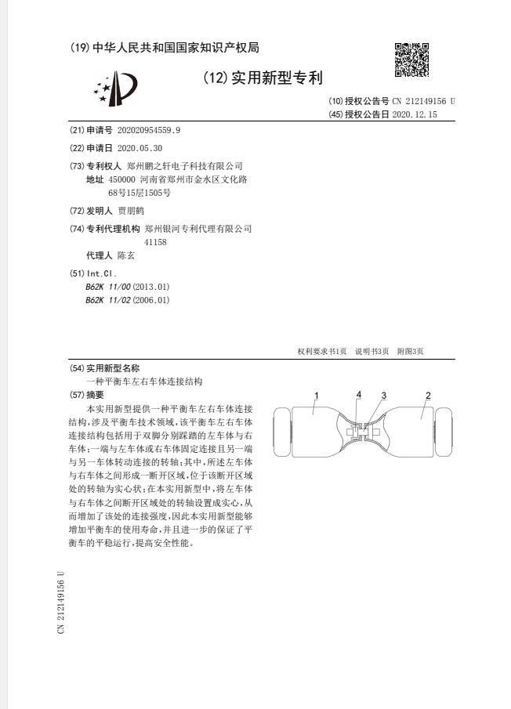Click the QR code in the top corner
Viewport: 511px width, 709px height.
[411, 60]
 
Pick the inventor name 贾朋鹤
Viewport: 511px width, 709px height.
[131, 211]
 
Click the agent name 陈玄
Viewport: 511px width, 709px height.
[126, 255]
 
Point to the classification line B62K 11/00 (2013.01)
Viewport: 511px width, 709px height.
[127, 287]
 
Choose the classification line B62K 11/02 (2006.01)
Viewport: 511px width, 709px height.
[127, 299]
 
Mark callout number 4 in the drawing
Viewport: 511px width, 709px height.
[359, 394]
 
